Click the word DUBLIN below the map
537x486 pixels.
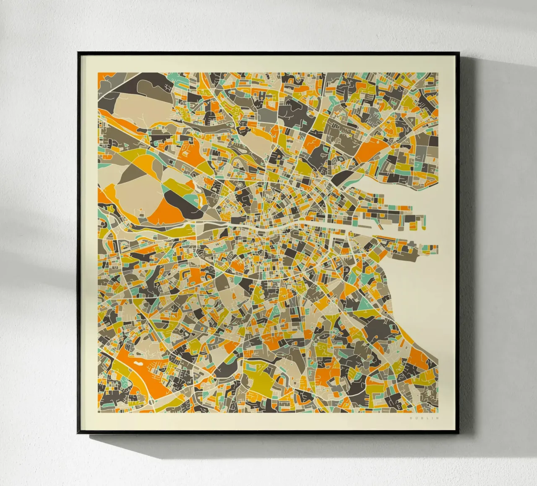[x=424, y=418]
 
